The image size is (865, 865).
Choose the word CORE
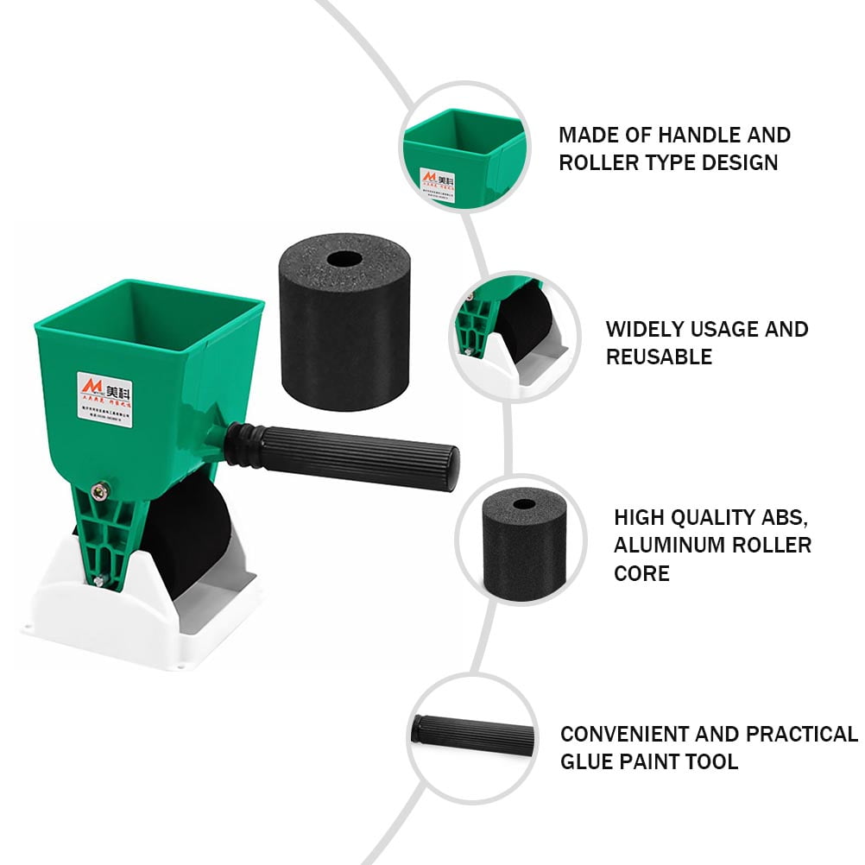(641, 573)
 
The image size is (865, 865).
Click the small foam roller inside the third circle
(523, 534)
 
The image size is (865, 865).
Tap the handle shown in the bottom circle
(475, 735)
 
